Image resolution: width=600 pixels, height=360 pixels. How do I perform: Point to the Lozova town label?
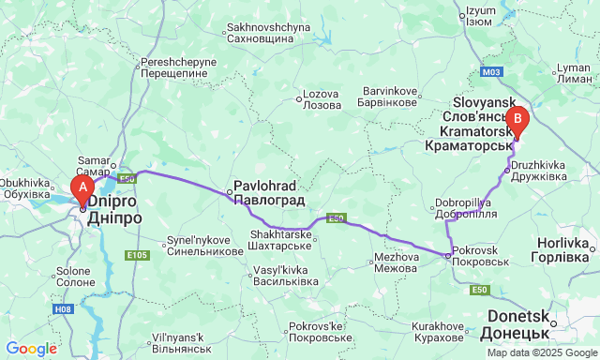[x=321, y=100]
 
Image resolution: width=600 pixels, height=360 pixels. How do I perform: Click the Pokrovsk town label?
[x=479, y=257]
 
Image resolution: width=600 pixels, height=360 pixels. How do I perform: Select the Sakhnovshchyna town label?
[x=270, y=34]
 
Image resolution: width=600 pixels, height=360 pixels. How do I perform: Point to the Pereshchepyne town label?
[x=178, y=67]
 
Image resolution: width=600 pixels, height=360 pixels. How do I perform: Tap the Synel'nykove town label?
[x=204, y=246]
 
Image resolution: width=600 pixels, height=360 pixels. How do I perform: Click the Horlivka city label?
[x=560, y=248]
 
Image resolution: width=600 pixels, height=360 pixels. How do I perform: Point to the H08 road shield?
[x=63, y=307]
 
